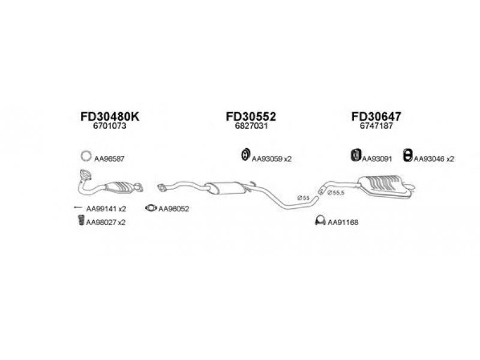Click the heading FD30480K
coord(110,116)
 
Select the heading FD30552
coord(251,116)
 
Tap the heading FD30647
coord(376,116)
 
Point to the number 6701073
coord(110,126)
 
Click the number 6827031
coord(251,126)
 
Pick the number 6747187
coord(376,126)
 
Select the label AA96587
coord(109,159)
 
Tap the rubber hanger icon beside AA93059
coord(245,154)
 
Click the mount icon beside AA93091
coord(356,155)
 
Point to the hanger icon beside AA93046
coord(407,155)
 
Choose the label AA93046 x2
coord(434,159)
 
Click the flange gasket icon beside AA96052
coord(151,208)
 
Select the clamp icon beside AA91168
coord(320,221)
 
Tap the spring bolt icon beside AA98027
coord(81,220)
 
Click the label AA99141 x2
coord(106,209)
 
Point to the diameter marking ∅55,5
coord(336,193)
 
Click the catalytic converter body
coord(119,187)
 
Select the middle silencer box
coord(226,187)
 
